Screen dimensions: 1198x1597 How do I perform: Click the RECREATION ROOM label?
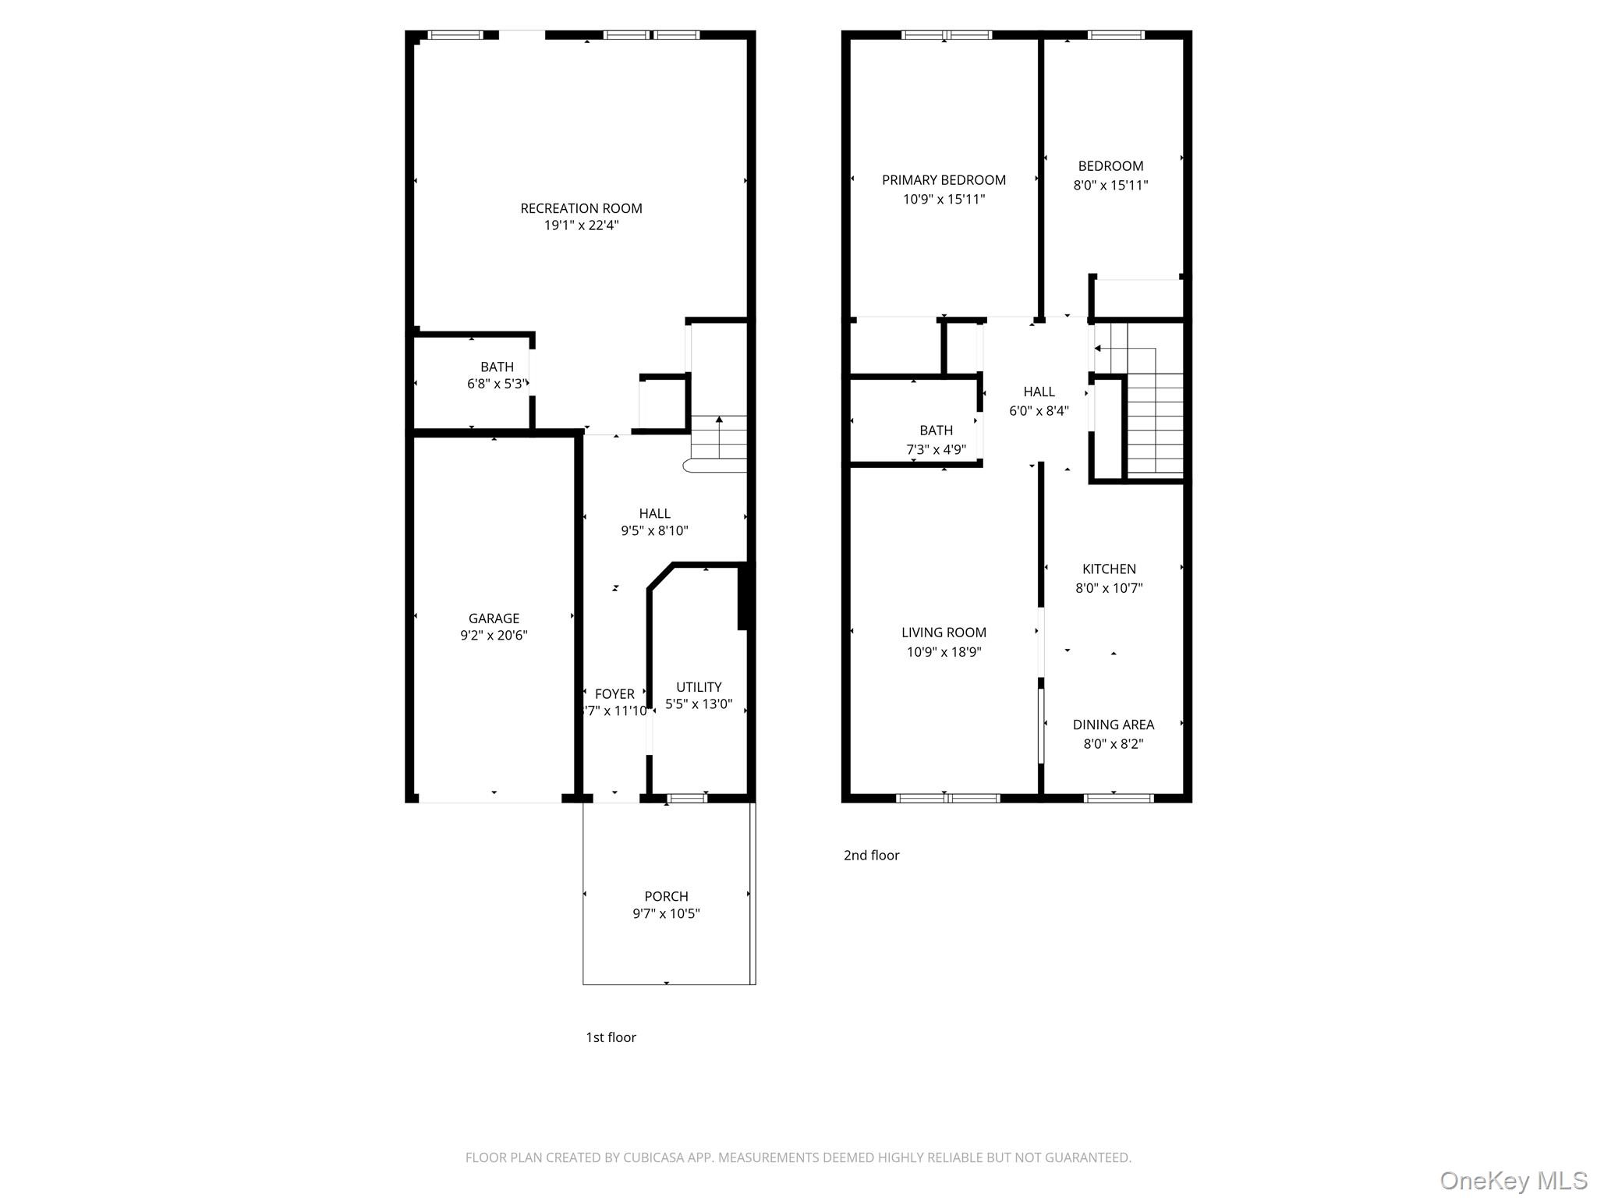coord(581,208)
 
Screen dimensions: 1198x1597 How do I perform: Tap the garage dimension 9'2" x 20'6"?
coord(494,636)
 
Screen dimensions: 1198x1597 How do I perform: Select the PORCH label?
coord(666,896)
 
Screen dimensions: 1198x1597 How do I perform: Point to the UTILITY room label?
coord(699,687)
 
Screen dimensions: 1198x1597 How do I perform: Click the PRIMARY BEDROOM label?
coord(944,180)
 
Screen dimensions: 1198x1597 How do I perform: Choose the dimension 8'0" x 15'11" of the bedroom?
coord(1110,186)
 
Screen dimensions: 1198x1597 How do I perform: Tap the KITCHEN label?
coord(1109,569)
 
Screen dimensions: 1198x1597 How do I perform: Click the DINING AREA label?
coord(1113,725)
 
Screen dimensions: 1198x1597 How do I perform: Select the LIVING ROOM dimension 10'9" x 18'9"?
coord(944,652)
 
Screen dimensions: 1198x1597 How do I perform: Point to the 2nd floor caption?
coord(871,856)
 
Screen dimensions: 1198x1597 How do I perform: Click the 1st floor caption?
coord(611,1037)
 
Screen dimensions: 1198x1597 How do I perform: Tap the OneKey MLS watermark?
coord(1513,1181)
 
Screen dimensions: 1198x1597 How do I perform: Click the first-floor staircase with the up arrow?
coord(719,441)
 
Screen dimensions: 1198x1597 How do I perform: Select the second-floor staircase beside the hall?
coord(1154,421)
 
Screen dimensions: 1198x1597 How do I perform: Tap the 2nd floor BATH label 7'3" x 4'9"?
coord(936,431)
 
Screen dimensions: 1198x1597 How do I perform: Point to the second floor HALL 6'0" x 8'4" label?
coord(1039,392)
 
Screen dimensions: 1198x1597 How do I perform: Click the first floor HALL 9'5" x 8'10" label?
coord(654,514)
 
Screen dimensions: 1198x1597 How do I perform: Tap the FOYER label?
coord(614,694)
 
